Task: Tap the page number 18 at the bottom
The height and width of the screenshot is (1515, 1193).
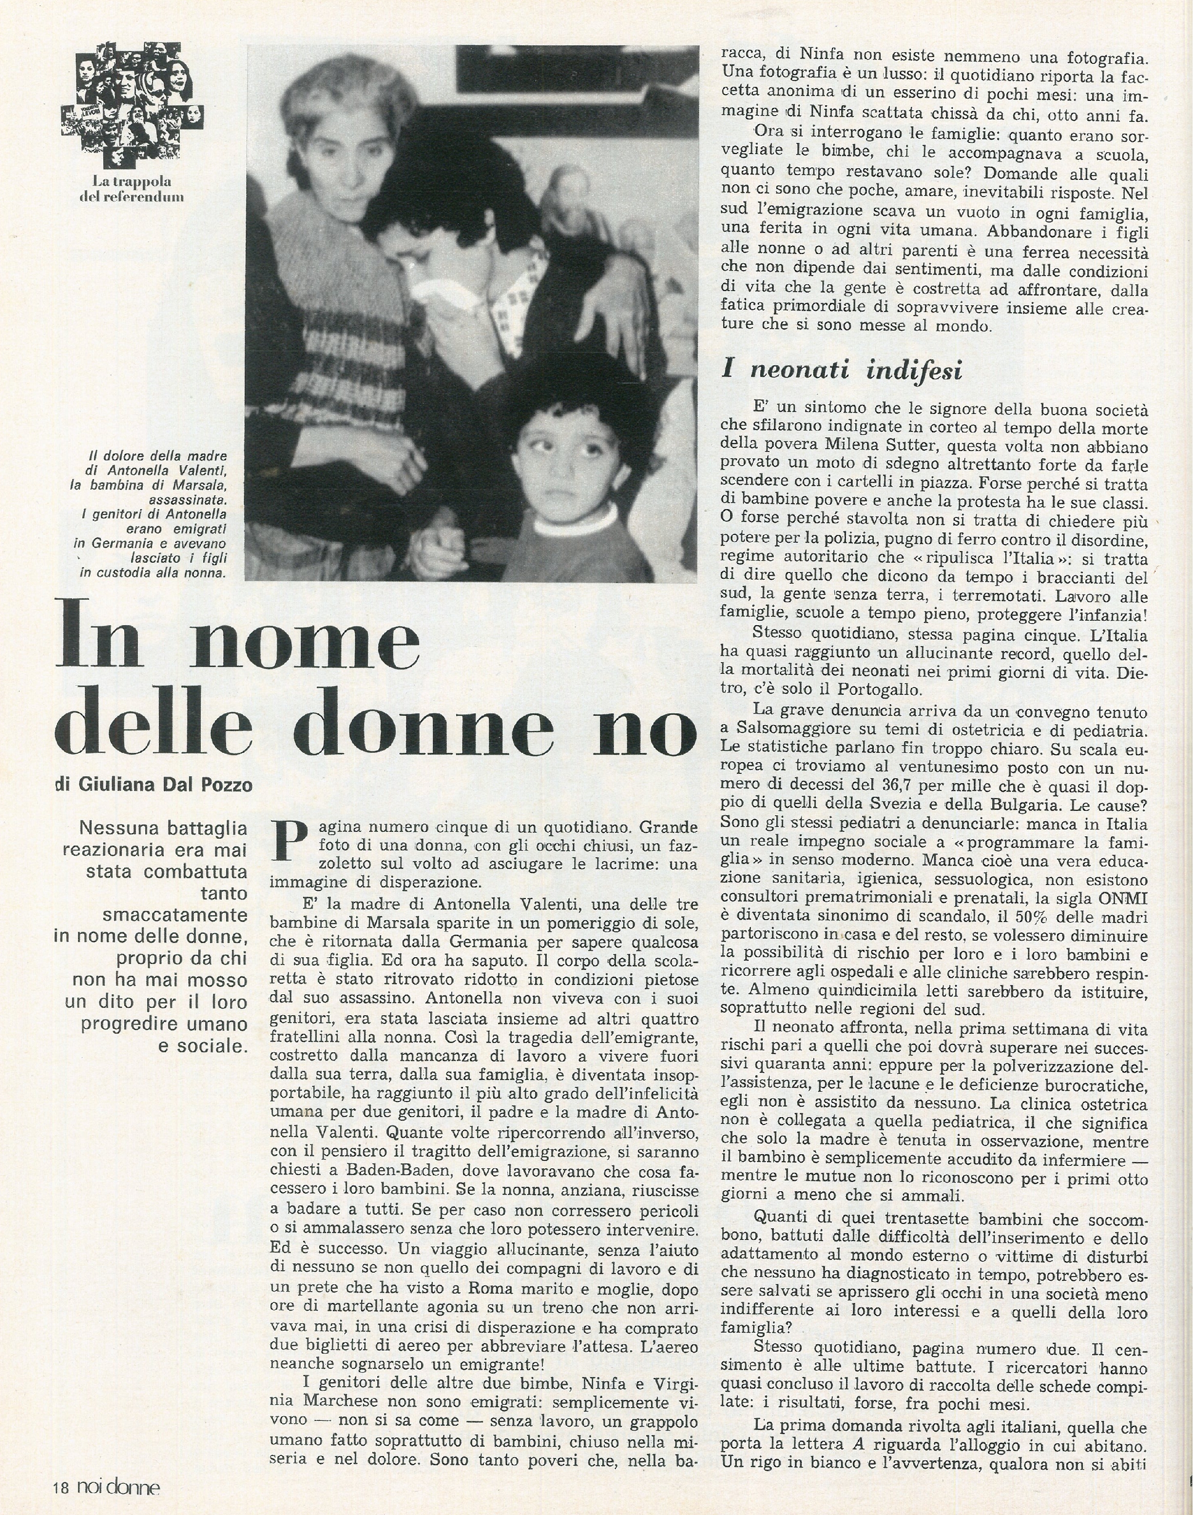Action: (61, 1489)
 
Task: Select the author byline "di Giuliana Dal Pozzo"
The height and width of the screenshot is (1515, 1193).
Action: (153, 785)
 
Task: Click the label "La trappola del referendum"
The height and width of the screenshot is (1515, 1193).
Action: (132, 189)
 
